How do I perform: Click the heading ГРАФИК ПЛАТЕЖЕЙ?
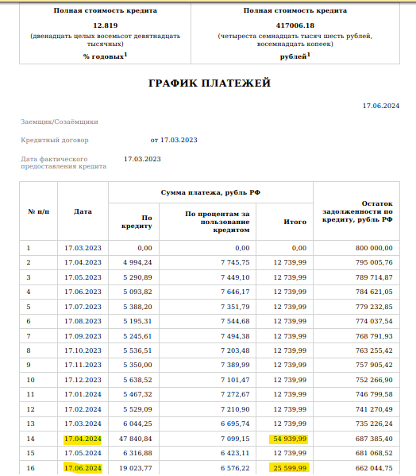click(210, 83)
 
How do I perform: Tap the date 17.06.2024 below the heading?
click(380, 105)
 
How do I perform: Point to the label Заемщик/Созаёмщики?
click(60, 122)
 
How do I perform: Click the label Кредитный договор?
click(55, 140)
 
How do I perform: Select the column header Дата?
click(83, 212)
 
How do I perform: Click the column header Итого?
click(295, 222)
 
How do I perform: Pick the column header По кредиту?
click(136, 222)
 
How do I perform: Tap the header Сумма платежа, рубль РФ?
click(210, 193)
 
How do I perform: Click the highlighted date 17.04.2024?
click(83, 438)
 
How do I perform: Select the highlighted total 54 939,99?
click(289, 438)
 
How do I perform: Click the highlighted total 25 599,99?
click(289, 467)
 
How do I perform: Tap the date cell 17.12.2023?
click(83, 379)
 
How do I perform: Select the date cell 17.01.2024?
click(83, 394)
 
